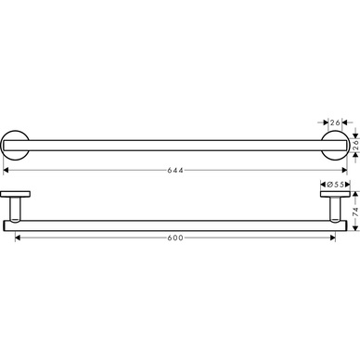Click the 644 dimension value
point(175,170)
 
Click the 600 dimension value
point(175,238)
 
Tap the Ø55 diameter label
point(335,185)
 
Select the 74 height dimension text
point(355,212)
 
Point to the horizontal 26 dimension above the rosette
point(335,122)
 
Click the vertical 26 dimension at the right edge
point(355,146)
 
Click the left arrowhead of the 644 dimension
point(6,170)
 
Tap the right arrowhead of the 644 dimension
point(344,170)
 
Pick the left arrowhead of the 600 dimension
point(18,238)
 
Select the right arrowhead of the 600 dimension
point(333,238)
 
